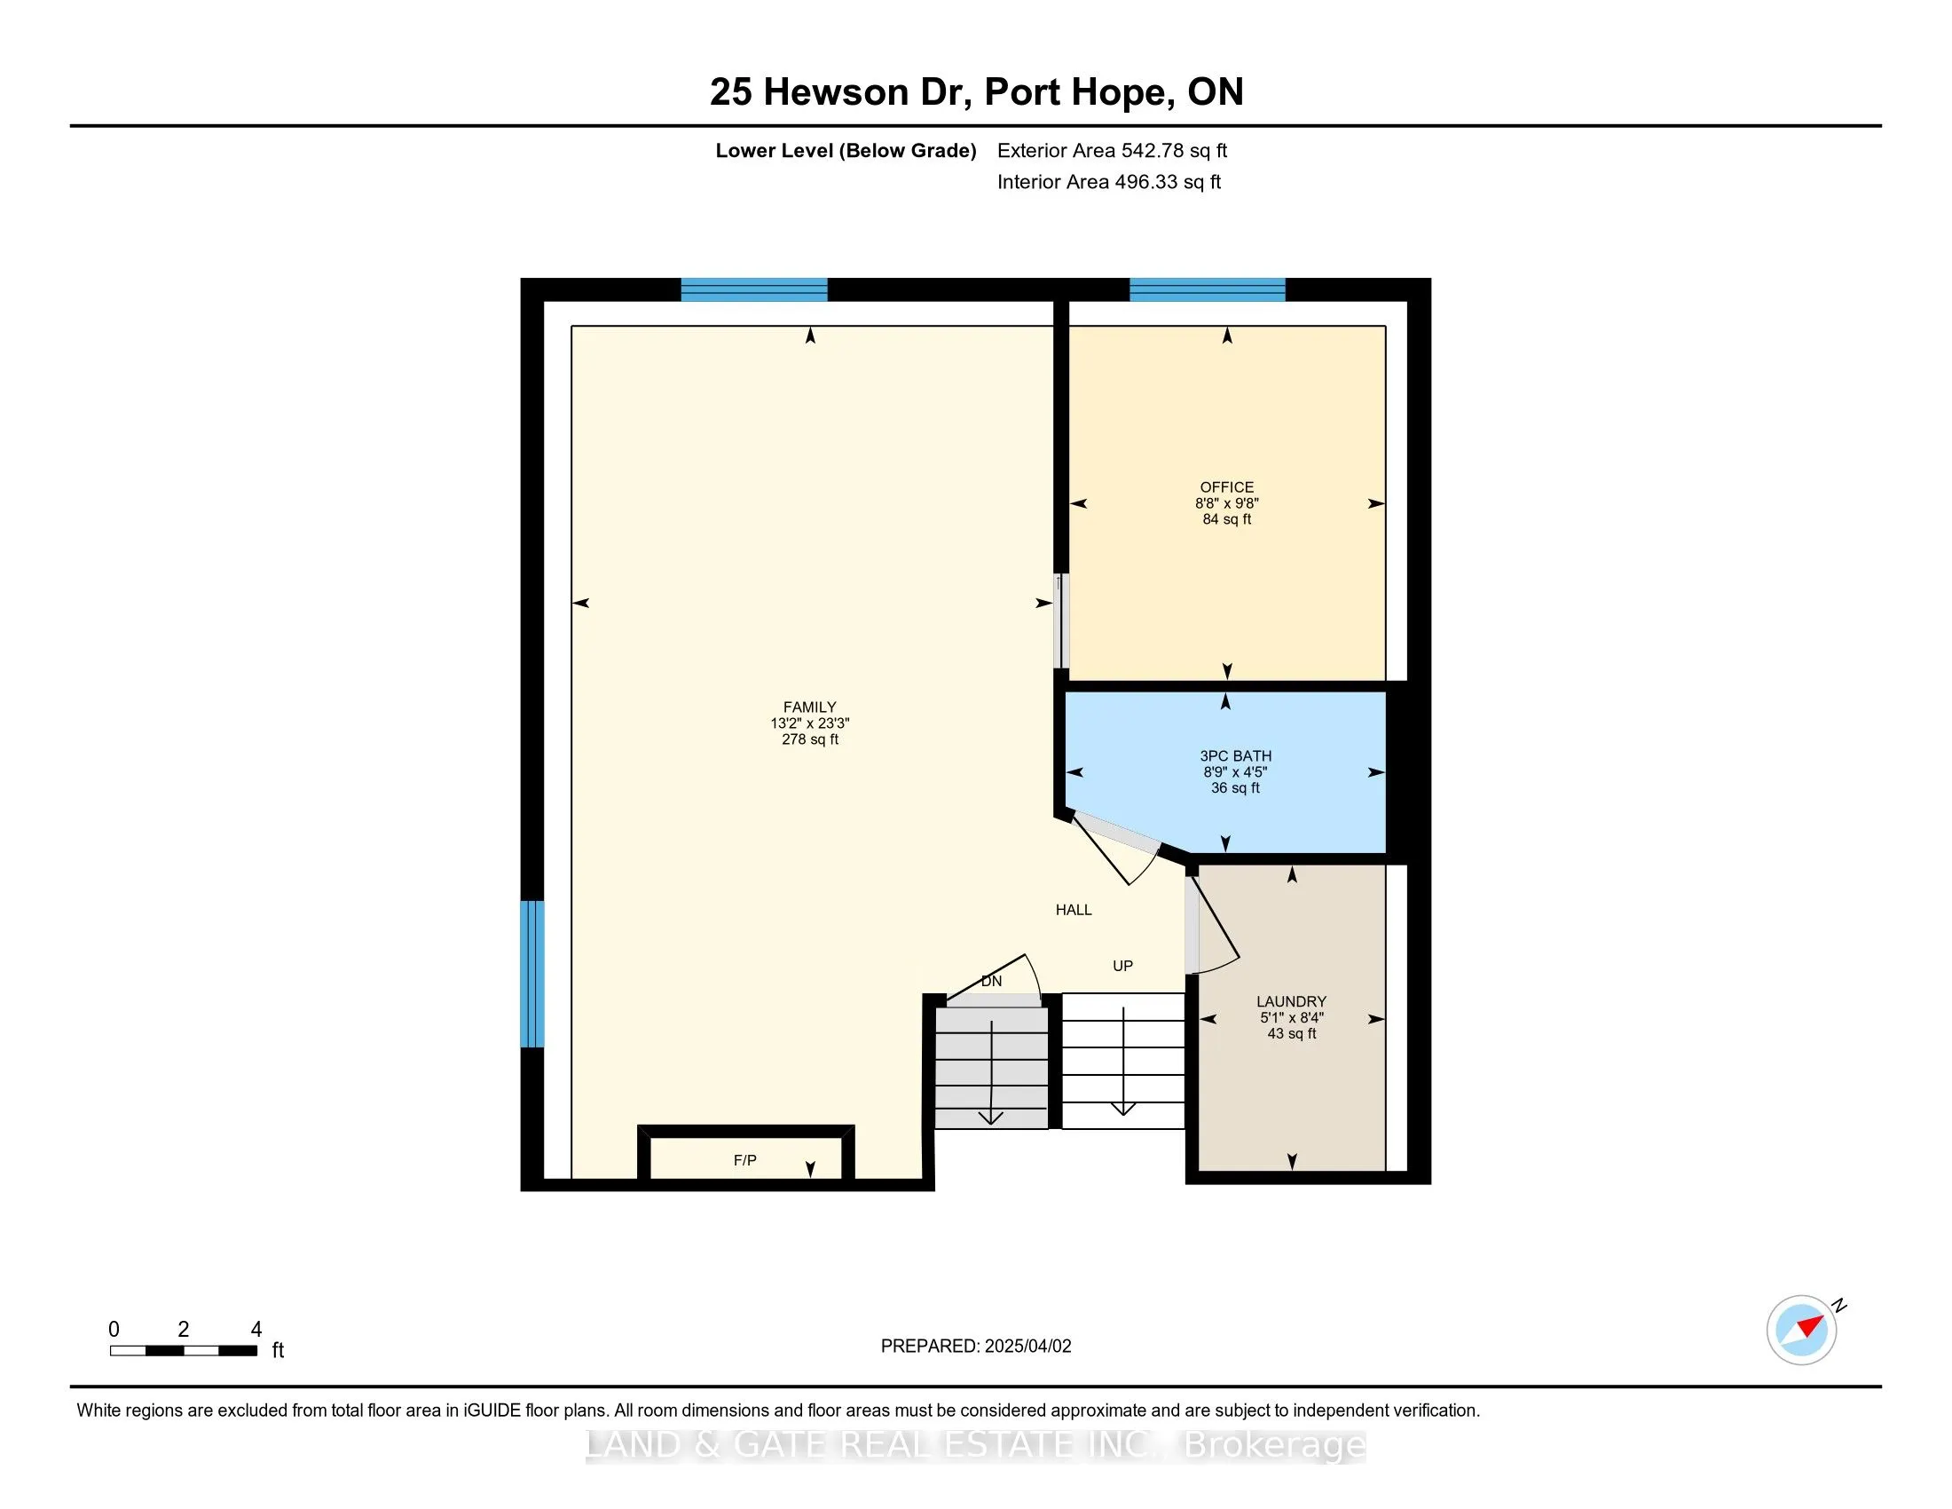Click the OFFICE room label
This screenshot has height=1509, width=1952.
click(1226, 487)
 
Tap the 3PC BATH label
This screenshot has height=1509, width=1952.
click(1235, 755)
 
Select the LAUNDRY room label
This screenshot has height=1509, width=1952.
click(1291, 1001)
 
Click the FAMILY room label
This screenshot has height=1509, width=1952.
click(810, 707)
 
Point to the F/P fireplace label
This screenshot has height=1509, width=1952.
click(744, 1160)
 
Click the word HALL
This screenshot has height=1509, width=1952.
click(1074, 910)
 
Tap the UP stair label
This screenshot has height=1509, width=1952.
click(1122, 966)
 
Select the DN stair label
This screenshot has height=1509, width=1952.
click(991, 981)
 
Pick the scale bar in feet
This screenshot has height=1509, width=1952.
click(184, 1351)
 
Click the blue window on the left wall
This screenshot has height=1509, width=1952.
click(531, 974)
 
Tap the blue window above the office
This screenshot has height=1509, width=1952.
click(1207, 289)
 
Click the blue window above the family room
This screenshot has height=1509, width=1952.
click(753, 289)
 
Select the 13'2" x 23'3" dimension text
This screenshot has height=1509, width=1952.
click(810, 723)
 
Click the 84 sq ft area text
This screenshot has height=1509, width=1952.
click(1226, 519)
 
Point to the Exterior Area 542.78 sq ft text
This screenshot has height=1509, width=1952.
click(1112, 150)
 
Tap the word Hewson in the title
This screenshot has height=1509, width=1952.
click(835, 92)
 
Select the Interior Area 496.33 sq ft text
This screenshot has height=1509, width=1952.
click(1108, 182)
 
